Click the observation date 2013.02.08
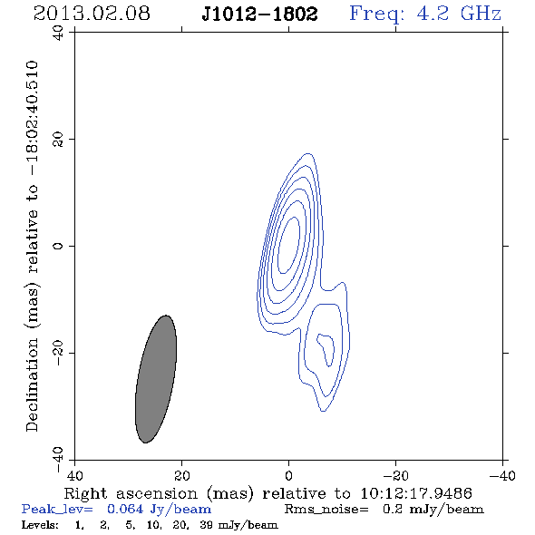pyautogui.click(x=92, y=14)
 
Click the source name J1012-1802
pyautogui.click(x=259, y=15)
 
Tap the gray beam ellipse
pyautogui.click(x=156, y=379)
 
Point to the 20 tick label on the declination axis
pyautogui.click(x=58, y=140)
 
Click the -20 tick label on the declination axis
pyautogui.click(x=58, y=354)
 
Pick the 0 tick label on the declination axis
pyautogui.click(x=58, y=246)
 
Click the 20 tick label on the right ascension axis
pyautogui.click(x=181, y=476)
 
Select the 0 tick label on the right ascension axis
pyautogui.click(x=288, y=476)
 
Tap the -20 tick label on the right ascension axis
pyautogui.click(x=395, y=476)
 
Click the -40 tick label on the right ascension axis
pyautogui.click(x=502, y=476)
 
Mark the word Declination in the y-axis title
pyautogui.click(x=32, y=385)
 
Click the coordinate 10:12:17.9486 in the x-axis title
pyautogui.click(x=416, y=493)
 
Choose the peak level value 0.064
pyautogui.click(x=125, y=509)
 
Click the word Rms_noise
pyautogui.click(x=326, y=510)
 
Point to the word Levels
pyautogui.click(x=40, y=525)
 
